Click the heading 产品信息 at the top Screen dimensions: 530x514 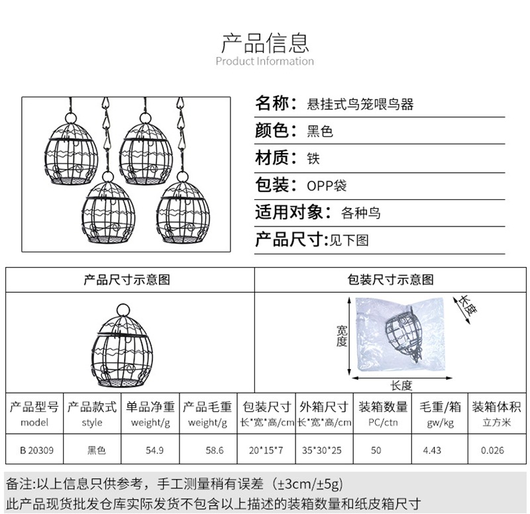(x=265, y=42)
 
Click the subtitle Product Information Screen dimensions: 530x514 (x=265, y=62)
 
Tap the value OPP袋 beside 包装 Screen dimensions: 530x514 (x=326, y=186)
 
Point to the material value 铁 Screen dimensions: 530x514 (x=313, y=159)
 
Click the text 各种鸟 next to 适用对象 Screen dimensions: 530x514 (x=361, y=213)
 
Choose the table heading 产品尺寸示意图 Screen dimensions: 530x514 (x=127, y=280)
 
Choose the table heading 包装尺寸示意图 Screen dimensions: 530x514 (x=391, y=280)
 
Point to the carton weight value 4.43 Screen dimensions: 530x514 (x=433, y=450)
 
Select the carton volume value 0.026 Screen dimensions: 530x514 (x=492, y=450)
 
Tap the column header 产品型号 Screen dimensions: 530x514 (x=34, y=406)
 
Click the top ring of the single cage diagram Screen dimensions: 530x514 (x=124, y=309)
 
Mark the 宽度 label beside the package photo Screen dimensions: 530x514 (x=341, y=336)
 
